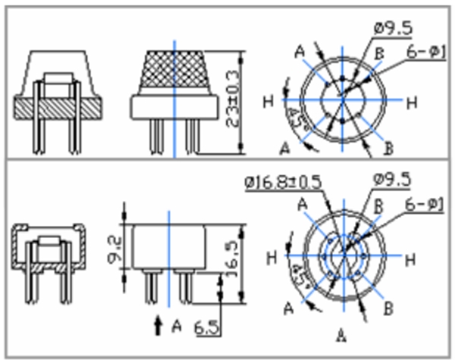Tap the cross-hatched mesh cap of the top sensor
(174, 72)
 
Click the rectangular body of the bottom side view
(168, 246)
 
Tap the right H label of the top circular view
(410, 102)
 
